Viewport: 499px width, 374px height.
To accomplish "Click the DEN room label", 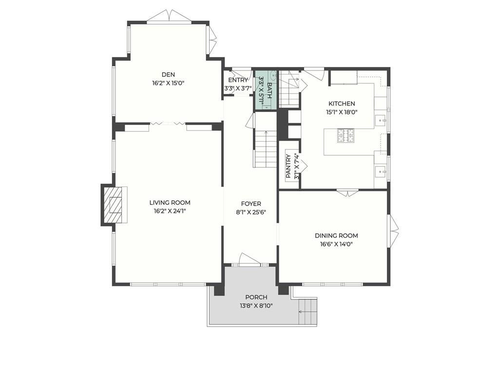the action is (x=168, y=75).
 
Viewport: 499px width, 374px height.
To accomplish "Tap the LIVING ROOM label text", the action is (x=170, y=203).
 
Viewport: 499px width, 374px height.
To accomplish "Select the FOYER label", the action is (x=251, y=204).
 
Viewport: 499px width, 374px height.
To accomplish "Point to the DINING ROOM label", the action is (x=336, y=236).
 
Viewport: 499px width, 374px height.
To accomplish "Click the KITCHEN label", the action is (x=342, y=104).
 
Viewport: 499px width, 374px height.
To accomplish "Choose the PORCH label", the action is (x=256, y=298).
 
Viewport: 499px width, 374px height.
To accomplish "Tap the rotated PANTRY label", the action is (x=288, y=166).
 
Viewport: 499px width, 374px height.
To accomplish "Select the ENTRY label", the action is (x=238, y=80).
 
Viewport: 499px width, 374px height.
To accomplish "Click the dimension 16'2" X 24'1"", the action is (x=170, y=211).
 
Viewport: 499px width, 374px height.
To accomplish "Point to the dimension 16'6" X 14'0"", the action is (x=336, y=244).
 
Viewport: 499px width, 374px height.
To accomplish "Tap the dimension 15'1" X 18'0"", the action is (x=342, y=112).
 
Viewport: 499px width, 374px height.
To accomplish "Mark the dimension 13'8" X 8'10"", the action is (x=256, y=306).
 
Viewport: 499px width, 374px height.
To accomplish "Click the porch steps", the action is (x=308, y=312).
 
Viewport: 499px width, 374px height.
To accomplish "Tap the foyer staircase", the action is (x=265, y=149).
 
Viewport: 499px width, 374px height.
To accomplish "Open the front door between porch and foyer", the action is (x=249, y=259).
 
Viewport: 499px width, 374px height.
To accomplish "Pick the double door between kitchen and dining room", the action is (x=347, y=193).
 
